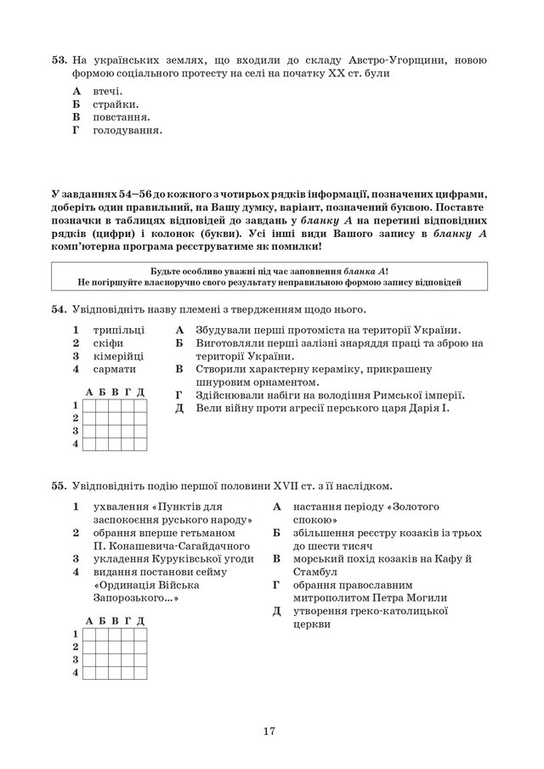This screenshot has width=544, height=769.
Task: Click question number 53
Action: click(x=59, y=60)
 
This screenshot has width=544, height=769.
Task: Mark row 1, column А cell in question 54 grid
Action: click(x=89, y=405)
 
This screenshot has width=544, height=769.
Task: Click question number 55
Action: click(x=59, y=486)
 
